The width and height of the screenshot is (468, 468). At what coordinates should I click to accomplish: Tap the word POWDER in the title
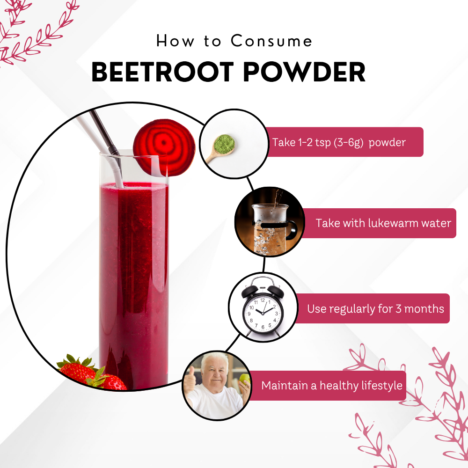pyautogui.click(x=308, y=72)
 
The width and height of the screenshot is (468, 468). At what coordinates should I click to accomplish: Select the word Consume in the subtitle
pyautogui.click(x=271, y=41)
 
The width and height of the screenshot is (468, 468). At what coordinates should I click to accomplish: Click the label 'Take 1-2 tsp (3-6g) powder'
pyautogui.click(x=339, y=142)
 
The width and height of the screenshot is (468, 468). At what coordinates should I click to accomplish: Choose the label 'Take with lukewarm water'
pyautogui.click(x=383, y=223)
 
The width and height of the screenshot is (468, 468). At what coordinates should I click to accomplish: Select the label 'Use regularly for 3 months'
pyautogui.click(x=375, y=309)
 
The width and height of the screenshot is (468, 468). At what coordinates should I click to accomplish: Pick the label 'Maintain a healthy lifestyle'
pyautogui.click(x=332, y=386)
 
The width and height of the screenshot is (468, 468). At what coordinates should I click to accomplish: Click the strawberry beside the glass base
pyautogui.click(x=77, y=371)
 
